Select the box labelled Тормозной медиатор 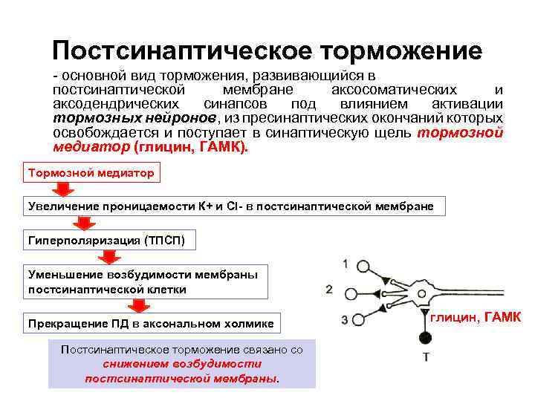click(91, 173)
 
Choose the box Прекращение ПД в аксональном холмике click(151, 323)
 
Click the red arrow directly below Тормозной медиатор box click(64, 190)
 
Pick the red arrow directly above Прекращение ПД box click(138, 306)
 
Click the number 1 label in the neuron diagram click(346, 264)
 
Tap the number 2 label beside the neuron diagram click(329, 289)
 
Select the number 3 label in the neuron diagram click(345, 320)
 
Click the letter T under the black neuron click(426, 357)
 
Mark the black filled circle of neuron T click(426, 339)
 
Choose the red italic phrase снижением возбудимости click(182, 364)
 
